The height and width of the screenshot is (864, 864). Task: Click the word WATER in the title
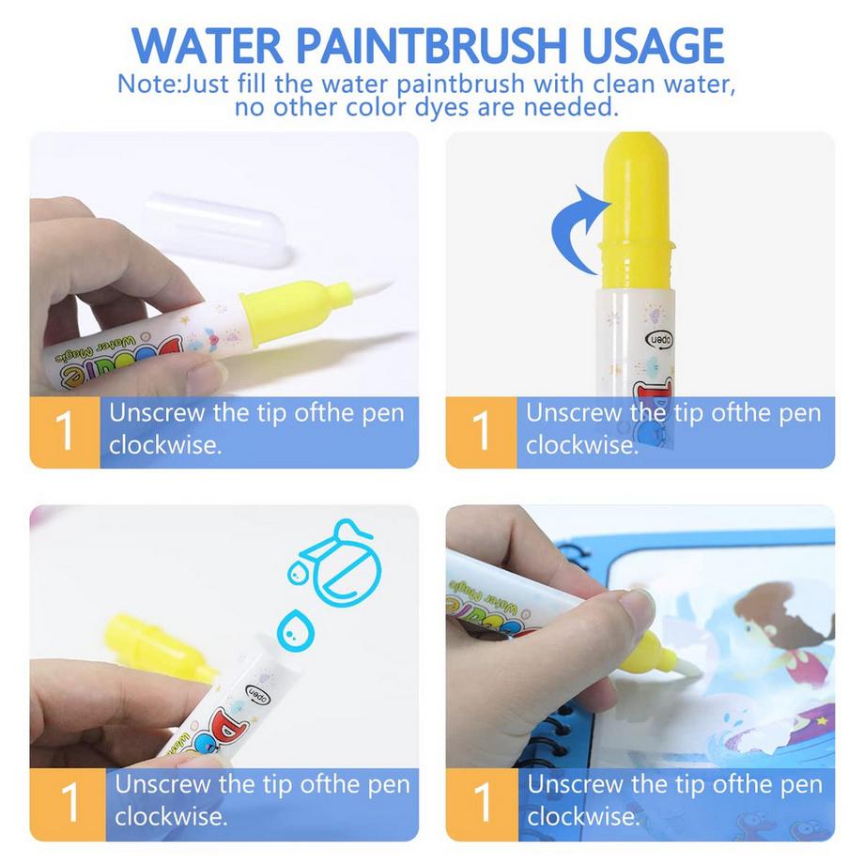[208, 45]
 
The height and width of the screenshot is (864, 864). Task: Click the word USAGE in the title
[653, 45]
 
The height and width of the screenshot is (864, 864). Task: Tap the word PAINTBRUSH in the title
[432, 45]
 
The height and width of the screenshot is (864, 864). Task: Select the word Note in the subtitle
[147, 85]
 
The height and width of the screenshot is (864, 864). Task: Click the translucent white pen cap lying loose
[218, 229]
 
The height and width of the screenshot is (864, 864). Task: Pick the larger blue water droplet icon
[295, 630]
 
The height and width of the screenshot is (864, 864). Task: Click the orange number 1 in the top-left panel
[65, 431]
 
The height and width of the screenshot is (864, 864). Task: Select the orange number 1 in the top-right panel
[481, 431]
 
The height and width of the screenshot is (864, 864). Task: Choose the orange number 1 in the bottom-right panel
[482, 804]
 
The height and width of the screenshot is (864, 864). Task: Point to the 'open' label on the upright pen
[659, 340]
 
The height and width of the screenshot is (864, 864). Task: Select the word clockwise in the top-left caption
[164, 445]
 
